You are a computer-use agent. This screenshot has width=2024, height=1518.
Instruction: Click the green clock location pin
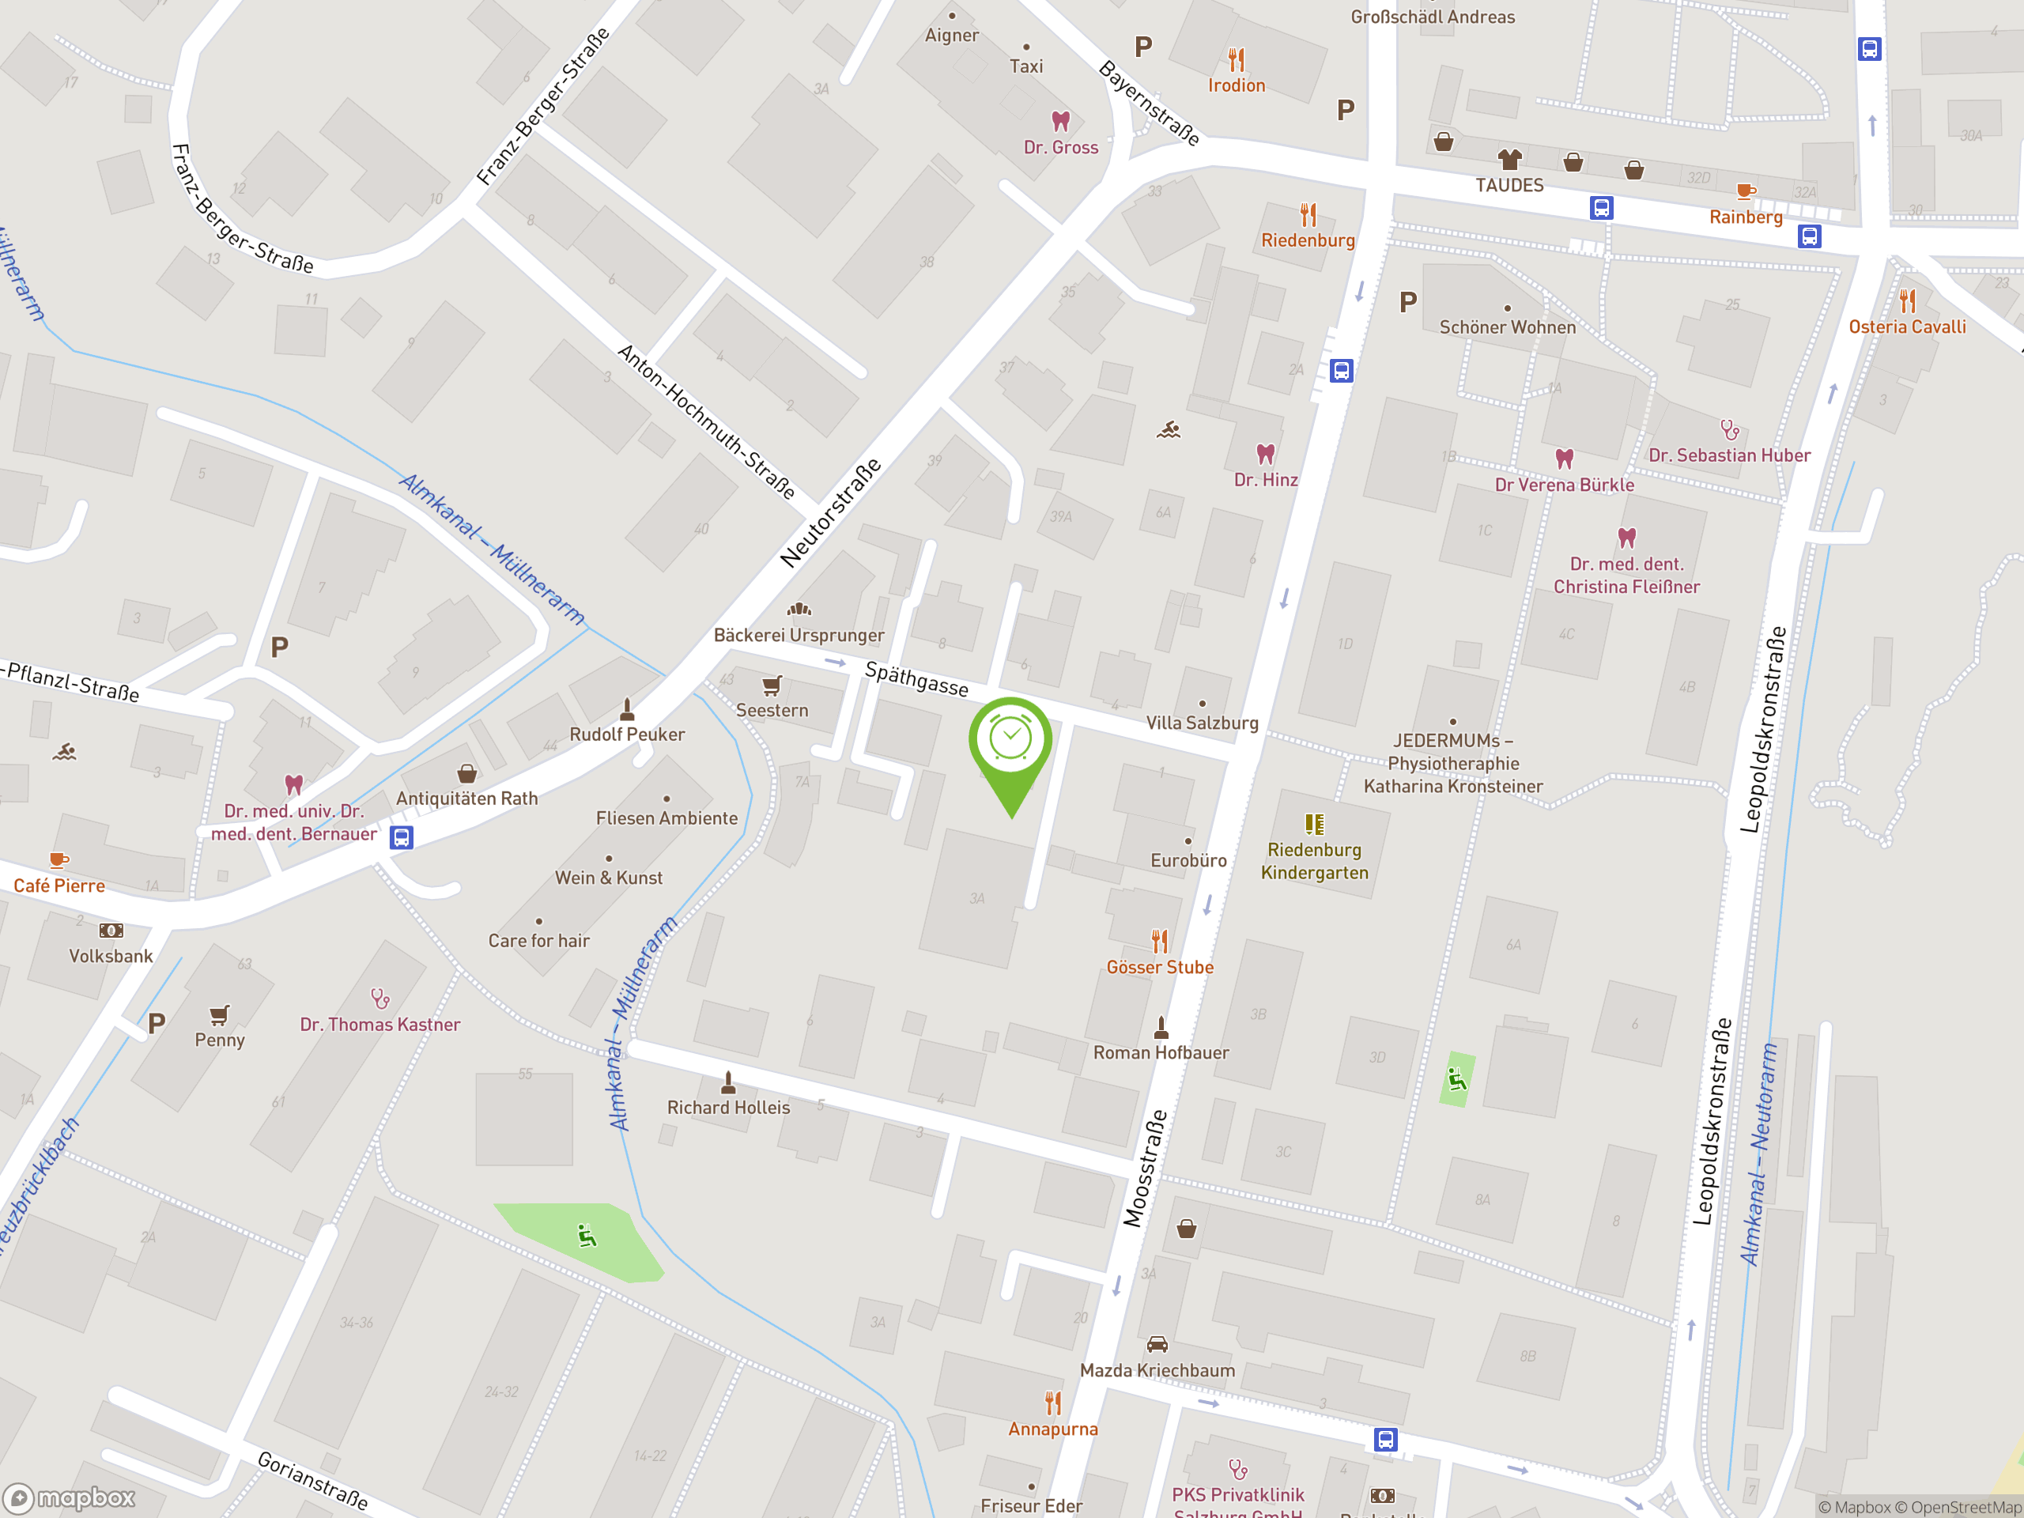point(1010,741)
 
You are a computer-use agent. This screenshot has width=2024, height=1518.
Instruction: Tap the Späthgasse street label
point(916,679)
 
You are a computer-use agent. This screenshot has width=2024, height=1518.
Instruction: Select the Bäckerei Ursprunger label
point(798,635)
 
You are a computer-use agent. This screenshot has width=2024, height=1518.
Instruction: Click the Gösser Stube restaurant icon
point(1159,941)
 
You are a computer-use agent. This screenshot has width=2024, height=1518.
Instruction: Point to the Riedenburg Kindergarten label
point(1314,861)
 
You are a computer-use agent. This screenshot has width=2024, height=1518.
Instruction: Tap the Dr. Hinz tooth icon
point(1266,454)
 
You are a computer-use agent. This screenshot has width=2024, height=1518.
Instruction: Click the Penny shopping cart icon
point(220,1014)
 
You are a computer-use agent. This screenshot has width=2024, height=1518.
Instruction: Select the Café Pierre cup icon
point(59,860)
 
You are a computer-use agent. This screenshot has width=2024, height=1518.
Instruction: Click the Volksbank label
point(111,956)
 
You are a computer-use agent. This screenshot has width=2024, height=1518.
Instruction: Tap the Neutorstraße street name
point(831,512)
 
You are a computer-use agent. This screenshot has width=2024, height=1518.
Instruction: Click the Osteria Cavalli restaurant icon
point(1907,300)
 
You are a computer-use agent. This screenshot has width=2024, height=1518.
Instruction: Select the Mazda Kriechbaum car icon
point(1157,1344)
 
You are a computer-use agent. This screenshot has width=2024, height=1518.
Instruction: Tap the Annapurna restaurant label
point(1052,1429)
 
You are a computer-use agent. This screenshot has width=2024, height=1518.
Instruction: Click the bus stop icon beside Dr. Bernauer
point(401,837)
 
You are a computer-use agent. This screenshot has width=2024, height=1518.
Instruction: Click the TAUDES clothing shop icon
point(1509,159)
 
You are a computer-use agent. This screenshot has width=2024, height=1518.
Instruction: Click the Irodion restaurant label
point(1237,85)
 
